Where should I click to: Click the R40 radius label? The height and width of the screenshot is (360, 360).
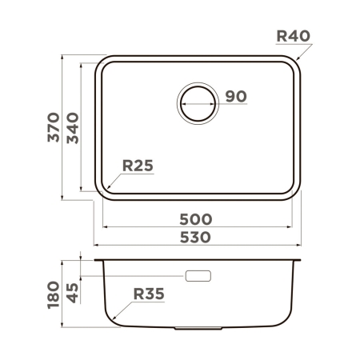pyautogui.click(x=292, y=36)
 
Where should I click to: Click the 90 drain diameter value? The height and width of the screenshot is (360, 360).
pyautogui.click(x=234, y=96)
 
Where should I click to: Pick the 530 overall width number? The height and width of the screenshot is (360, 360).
pyautogui.click(x=195, y=238)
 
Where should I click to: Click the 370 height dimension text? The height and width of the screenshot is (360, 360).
pyautogui.click(x=54, y=129)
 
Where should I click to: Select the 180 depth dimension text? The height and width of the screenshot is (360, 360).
pyautogui.click(x=54, y=294)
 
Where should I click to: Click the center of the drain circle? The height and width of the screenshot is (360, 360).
pyautogui.click(x=198, y=102)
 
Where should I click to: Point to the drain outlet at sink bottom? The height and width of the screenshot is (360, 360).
pyautogui.click(x=198, y=327)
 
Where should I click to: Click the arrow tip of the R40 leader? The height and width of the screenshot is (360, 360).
pyautogui.click(x=295, y=61)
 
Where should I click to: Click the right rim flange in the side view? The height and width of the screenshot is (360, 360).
pyautogui.click(x=298, y=260)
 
